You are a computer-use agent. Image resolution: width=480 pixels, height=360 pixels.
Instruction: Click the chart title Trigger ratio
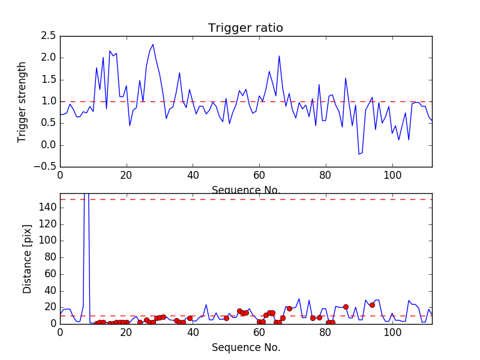245,28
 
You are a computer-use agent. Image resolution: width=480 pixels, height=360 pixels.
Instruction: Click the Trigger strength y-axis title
22,101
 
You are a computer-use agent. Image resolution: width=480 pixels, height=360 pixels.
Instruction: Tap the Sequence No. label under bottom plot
246,347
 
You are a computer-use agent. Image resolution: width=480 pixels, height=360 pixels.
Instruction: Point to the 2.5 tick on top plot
49,36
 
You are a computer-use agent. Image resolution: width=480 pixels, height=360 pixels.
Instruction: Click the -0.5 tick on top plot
46,167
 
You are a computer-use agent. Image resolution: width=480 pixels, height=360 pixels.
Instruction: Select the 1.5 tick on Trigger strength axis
49,80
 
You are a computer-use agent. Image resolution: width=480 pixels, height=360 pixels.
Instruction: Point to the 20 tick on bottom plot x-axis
127,332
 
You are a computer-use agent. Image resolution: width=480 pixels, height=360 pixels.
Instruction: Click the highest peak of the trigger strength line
153,44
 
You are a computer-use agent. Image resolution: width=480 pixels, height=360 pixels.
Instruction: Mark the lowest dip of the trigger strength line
359,154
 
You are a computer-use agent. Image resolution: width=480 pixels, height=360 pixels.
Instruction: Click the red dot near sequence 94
372,305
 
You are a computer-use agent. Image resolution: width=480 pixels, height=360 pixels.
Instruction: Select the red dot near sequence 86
346,307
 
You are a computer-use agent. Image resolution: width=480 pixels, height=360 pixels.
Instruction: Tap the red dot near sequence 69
289,308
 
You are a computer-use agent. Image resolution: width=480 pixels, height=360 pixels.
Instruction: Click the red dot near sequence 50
226,318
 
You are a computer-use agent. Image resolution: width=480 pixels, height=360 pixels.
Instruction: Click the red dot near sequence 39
190,318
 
